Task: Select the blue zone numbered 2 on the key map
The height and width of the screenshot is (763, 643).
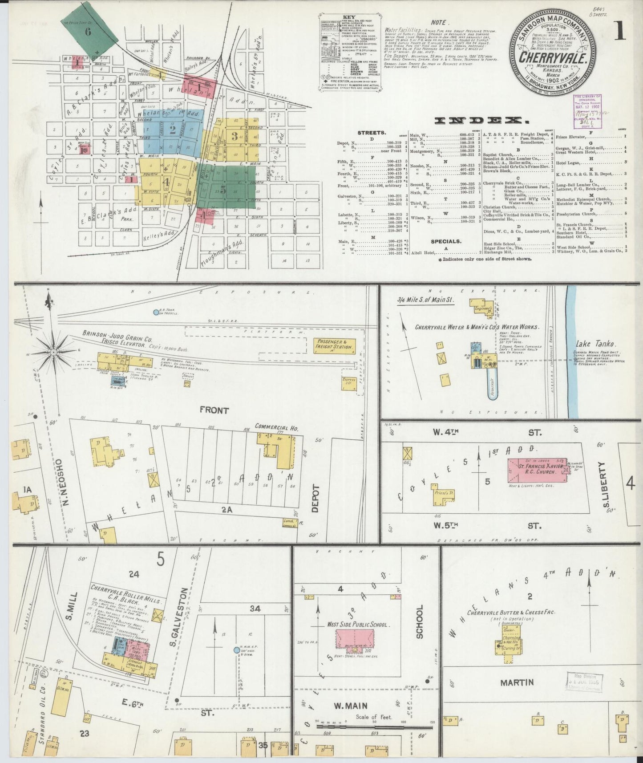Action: [x=173, y=130]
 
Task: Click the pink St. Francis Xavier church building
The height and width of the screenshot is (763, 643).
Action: [x=537, y=470]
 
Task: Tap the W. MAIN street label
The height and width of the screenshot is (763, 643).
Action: [x=355, y=705]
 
